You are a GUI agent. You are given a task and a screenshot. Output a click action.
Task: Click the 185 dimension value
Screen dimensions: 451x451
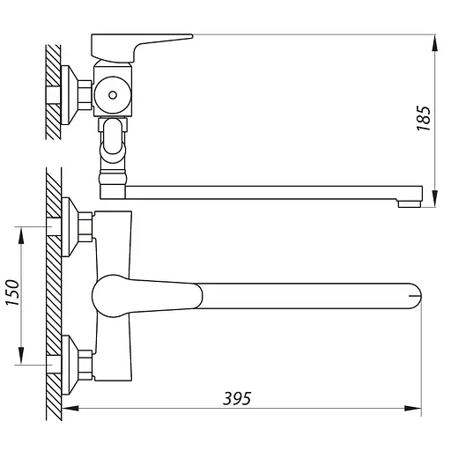pos(424,118)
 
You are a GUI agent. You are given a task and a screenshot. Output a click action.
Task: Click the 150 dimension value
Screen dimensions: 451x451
pos(13,292)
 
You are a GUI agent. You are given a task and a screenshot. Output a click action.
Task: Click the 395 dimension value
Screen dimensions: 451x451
pos(237,398)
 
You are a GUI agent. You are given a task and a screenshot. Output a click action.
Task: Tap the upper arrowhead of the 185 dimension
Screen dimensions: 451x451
pos(435,44)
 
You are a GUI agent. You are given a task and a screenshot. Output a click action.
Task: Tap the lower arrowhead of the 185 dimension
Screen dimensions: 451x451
pos(435,199)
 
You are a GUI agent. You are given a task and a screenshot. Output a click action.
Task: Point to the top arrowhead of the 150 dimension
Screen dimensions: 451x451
pos(21,235)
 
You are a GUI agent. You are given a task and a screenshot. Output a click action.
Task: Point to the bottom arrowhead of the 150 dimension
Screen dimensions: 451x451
pos(21,356)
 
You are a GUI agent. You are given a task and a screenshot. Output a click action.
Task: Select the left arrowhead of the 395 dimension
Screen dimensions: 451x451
pos(70,408)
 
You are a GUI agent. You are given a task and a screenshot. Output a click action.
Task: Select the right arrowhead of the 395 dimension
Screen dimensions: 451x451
pos(412,408)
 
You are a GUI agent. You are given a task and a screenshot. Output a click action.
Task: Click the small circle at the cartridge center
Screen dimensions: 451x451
pos(113,95)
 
